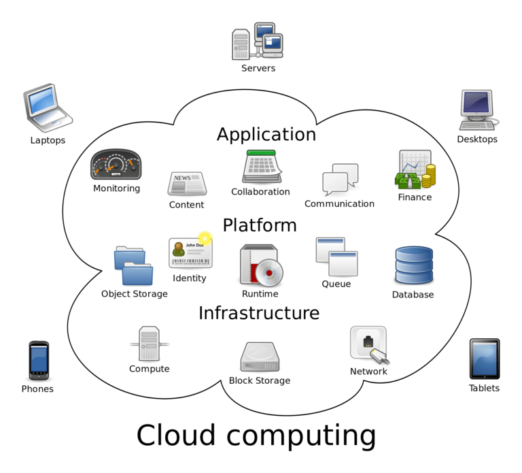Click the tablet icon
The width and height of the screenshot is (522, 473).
484,359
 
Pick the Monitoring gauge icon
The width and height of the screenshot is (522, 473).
116,164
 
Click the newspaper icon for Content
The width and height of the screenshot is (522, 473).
187,183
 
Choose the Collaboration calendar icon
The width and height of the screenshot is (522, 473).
262,166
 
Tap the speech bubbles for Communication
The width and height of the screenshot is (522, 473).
340,179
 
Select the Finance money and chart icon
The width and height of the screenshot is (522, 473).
415,169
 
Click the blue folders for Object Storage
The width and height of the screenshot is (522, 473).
133,266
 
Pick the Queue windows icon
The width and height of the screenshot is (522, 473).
336,257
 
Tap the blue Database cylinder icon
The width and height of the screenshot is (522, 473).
413,265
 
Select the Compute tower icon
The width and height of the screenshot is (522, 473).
149,343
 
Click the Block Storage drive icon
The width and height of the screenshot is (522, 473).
260,357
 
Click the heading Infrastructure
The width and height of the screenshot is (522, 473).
258,313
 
